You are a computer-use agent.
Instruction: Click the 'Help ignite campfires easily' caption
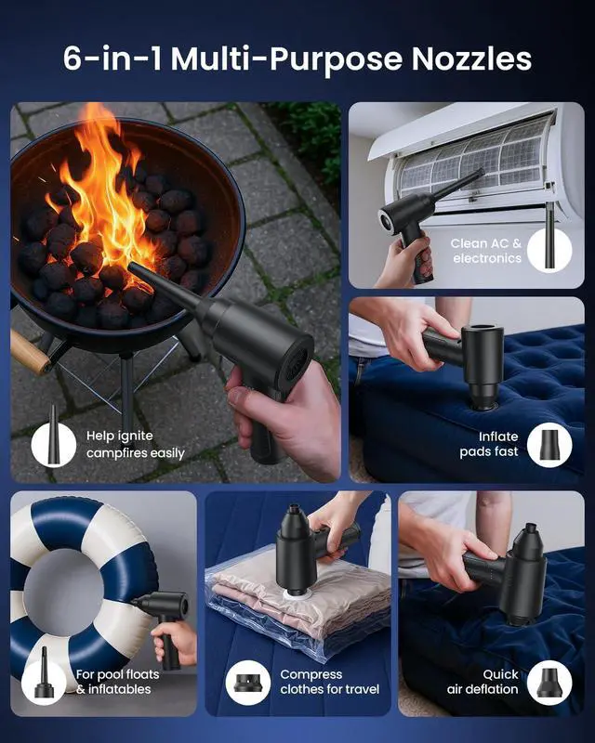[135, 444]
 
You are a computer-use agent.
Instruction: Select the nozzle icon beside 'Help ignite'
[53, 443]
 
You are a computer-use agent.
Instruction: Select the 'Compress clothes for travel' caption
[330, 682]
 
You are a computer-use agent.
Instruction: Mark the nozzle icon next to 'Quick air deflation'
[549, 681]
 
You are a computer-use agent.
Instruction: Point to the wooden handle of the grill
[28, 352]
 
